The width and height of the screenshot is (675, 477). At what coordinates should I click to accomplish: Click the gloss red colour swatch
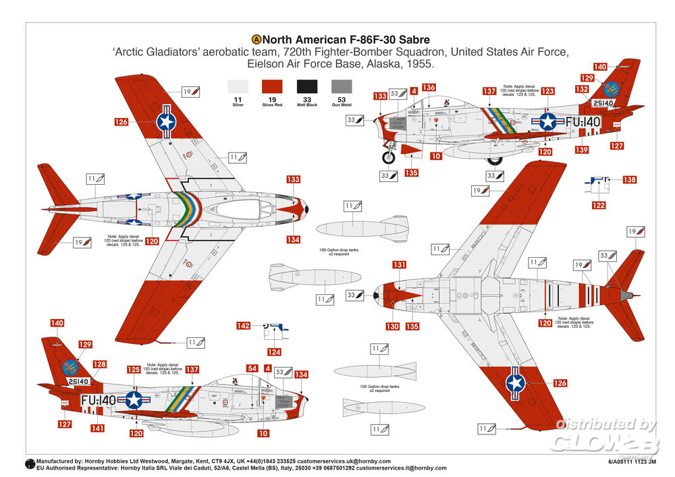pyautogui.click(x=272, y=86)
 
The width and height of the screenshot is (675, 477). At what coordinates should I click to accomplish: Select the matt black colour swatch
pyautogui.click(x=307, y=86)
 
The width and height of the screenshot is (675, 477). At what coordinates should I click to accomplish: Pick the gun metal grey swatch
pyautogui.click(x=342, y=86)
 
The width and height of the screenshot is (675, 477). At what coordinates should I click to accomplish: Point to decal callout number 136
pyautogui.click(x=429, y=87)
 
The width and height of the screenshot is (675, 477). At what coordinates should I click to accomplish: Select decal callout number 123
pyautogui.click(x=548, y=91)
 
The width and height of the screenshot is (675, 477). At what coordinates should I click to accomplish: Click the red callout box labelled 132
pyautogui.click(x=582, y=88)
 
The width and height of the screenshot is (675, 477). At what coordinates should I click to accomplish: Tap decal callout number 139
pyautogui.click(x=580, y=149)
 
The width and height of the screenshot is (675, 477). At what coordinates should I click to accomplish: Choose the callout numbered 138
pyautogui.click(x=629, y=180)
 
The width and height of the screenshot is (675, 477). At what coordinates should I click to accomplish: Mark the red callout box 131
pyautogui.click(x=400, y=264)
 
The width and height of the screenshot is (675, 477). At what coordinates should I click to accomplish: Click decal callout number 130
pyautogui.click(x=393, y=326)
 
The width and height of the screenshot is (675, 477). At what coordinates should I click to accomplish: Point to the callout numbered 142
pyautogui.click(x=243, y=326)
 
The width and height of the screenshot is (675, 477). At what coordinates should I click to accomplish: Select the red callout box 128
pyautogui.click(x=100, y=364)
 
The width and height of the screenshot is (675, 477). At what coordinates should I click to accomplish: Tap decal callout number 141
pyautogui.click(x=99, y=428)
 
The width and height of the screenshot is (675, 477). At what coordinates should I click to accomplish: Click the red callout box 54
pyautogui.click(x=252, y=368)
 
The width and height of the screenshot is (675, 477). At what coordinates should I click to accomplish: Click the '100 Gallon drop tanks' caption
pyautogui.click(x=371, y=389)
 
